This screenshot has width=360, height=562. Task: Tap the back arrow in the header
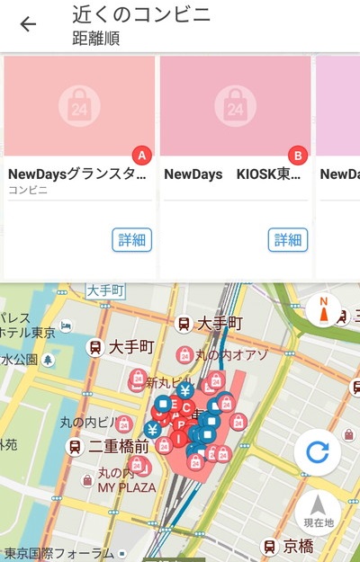28,24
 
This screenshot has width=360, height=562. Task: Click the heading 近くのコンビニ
141,14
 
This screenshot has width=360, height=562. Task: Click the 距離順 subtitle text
95,38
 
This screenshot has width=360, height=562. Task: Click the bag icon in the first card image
79,106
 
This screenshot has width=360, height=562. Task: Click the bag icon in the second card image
235,106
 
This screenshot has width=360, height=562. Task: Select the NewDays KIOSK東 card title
232,174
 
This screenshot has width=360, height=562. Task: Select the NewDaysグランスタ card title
76,174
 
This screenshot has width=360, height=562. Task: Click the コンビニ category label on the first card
28,191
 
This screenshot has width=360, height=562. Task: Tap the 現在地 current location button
318,512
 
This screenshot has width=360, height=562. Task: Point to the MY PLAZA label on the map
127,487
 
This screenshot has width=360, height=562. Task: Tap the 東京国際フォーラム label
58,553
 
